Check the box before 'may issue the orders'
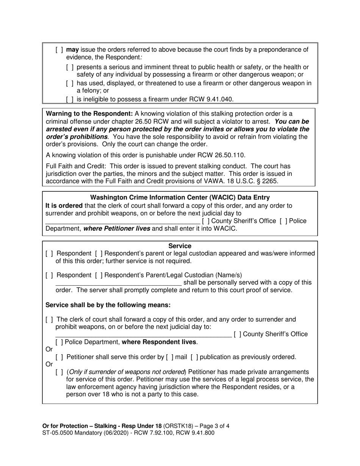coord(59,50)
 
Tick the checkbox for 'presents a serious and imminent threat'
coord(70,67)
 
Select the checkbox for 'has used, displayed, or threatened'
coord(70,83)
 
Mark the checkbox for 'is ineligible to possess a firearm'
coord(70,100)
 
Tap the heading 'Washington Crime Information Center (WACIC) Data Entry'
coord(180,197)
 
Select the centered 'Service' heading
coord(180,246)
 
